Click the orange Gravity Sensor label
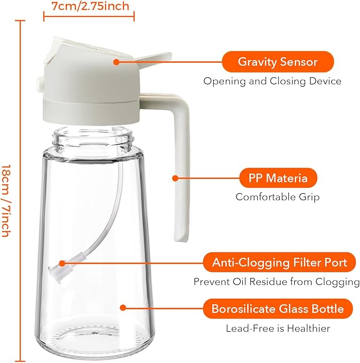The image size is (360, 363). tap(277, 62)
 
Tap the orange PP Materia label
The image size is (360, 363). tap(278, 178)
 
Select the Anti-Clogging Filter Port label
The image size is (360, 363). tap(279, 262)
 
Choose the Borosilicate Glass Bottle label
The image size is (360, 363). tap(277, 308)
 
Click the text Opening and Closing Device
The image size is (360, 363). tap(273, 81)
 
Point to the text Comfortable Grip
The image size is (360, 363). tap(278, 197)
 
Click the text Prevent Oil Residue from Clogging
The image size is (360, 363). tap(276, 281)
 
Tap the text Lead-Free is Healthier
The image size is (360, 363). tap(278, 329)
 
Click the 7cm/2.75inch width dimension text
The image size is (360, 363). tap(90, 7)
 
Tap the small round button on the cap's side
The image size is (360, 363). tap(39, 83)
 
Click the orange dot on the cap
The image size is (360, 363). tap(116, 62)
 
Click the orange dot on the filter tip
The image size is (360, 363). tap(63, 262)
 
